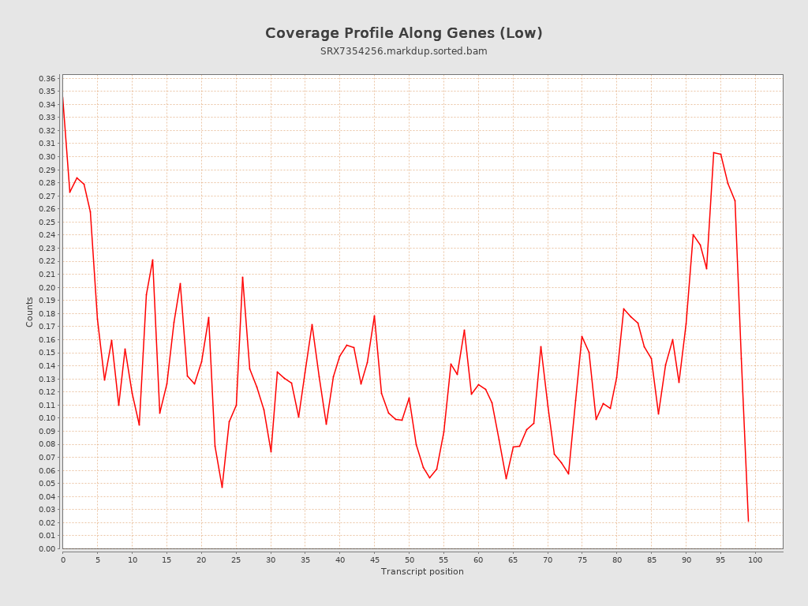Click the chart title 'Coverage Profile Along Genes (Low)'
pos(403,33)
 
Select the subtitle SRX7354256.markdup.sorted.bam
pos(403,51)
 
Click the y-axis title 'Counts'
pos(30,312)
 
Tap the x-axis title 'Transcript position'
pos(422,571)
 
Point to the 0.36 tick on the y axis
pos(47,78)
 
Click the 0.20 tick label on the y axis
pos(47,287)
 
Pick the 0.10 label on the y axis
pos(47,418)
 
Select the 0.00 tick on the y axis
pos(47,548)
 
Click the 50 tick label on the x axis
pos(409,559)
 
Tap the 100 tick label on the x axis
pos(755,559)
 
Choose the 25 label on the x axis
pos(236,559)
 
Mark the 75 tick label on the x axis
pos(582,559)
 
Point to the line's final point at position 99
pos(748,521)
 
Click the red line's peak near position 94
pos(713,152)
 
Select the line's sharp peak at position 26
pos(242,277)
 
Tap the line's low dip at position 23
pos(222,487)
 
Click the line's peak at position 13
pos(152,260)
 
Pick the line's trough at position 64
pos(506,479)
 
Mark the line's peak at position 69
pos(541,346)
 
